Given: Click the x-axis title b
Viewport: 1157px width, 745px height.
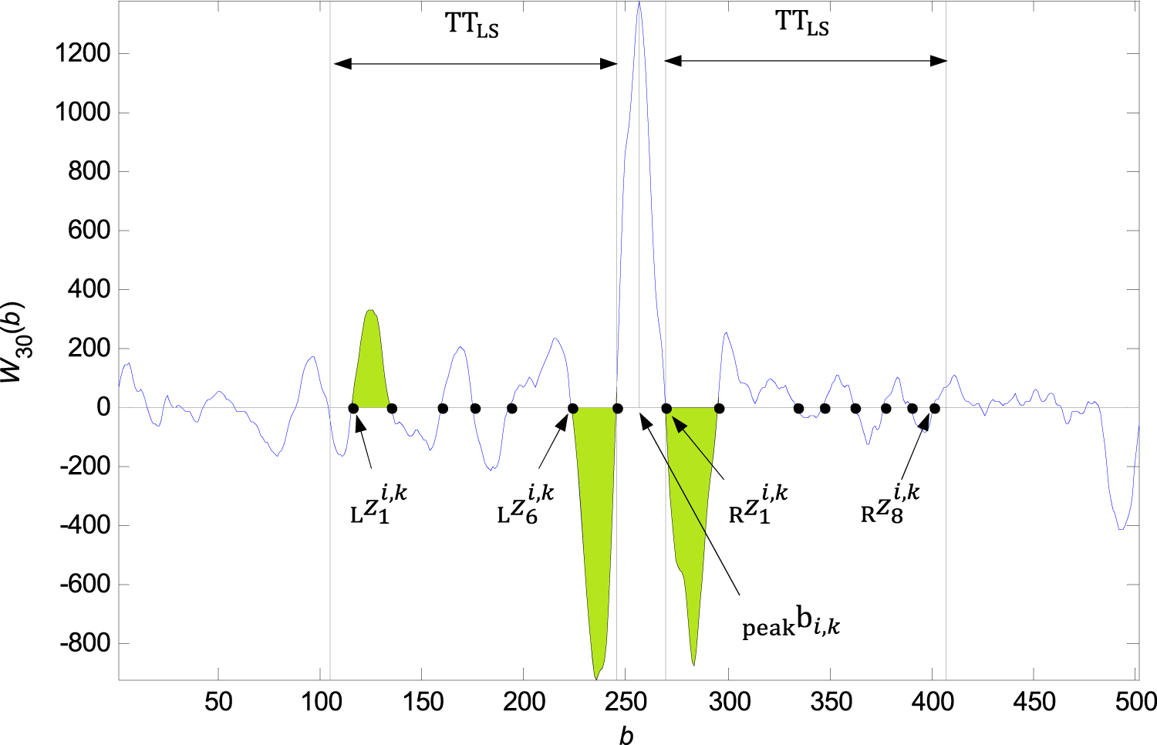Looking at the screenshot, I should pyautogui.click(x=626, y=736).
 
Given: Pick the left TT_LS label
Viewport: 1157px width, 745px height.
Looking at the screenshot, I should pyautogui.click(x=472, y=25).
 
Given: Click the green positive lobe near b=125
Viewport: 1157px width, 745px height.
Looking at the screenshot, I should pyautogui.click(x=371, y=362).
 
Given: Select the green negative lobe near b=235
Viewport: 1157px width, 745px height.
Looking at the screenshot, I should pyautogui.click(x=595, y=524).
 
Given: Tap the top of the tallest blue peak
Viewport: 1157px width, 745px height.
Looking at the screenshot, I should pyautogui.click(x=639, y=3).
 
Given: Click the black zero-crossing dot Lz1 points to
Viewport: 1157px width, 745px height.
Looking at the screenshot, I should pyautogui.click(x=353, y=409).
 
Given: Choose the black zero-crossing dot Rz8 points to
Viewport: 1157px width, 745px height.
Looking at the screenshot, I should pyautogui.click(x=935, y=409).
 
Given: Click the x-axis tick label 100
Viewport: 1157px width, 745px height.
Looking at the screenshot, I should pyautogui.click(x=320, y=702).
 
